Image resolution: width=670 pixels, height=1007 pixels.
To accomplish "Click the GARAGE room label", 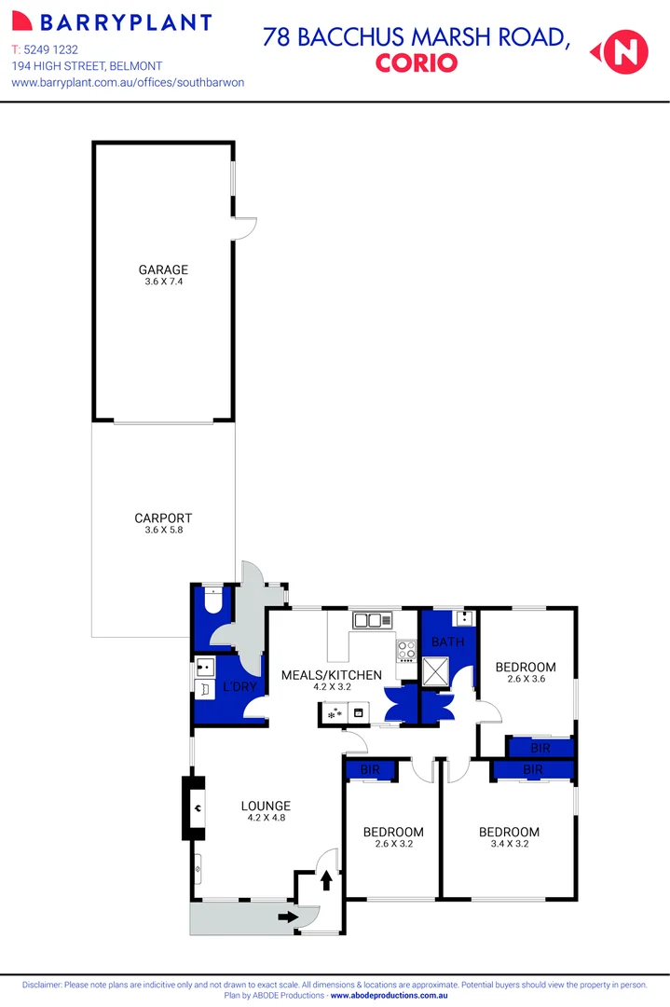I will [163, 269].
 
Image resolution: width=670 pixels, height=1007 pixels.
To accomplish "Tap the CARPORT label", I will [163, 517].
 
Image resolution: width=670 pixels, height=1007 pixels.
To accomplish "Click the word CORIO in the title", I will [417, 63].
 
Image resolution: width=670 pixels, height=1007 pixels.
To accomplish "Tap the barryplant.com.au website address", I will [128, 82].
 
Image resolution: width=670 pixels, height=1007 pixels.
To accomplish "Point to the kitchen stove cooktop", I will [407, 651].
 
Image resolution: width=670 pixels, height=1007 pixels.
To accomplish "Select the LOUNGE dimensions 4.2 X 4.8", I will [266, 819].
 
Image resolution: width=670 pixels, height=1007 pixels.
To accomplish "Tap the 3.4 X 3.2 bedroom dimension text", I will [509, 845].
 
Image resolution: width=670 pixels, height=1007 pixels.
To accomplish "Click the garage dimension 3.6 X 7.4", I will [163, 282].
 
